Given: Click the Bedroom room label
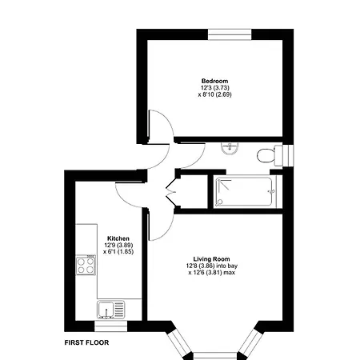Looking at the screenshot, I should [x=214, y=81].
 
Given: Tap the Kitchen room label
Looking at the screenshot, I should [x=118, y=238].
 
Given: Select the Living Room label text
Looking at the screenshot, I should [x=212, y=258].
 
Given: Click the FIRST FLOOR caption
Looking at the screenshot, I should [x=86, y=342].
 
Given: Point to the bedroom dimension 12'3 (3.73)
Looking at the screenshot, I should [x=214, y=88].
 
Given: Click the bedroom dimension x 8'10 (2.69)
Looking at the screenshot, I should [x=214, y=95].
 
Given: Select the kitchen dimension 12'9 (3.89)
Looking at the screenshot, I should [x=118, y=245].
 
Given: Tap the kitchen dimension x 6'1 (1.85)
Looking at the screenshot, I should [x=118, y=252].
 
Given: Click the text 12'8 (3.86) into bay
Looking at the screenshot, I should [x=212, y=266].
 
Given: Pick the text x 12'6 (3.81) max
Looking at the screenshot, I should [x=212, y=273].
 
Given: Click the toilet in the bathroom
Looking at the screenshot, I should [x=269, y=154].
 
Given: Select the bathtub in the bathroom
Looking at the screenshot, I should [x=245, y=191].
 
